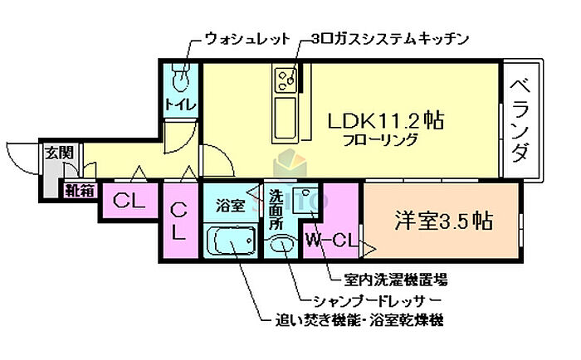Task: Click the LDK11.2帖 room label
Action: [x=385, y=120]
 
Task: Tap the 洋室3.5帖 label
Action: [x=443, y=221]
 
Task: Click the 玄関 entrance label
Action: [x=59, y=153]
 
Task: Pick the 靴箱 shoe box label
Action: [x=81, y=190]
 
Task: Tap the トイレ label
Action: [x=180, y=105]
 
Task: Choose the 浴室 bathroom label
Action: [x=230, y=205]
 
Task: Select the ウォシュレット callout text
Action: [x=247, y=39]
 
